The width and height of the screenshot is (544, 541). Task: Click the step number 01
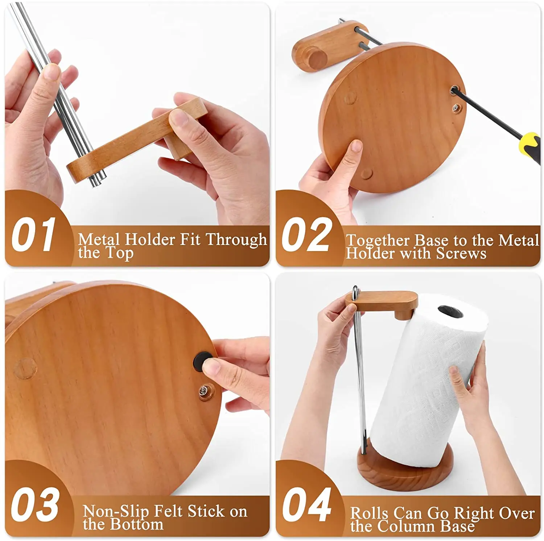[x=33, y=235]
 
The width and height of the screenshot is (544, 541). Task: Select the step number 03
[x=34, y=504]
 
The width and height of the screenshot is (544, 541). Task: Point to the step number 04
[x=307, y=504]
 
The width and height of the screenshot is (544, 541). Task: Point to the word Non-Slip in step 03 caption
[x=116, y=511]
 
